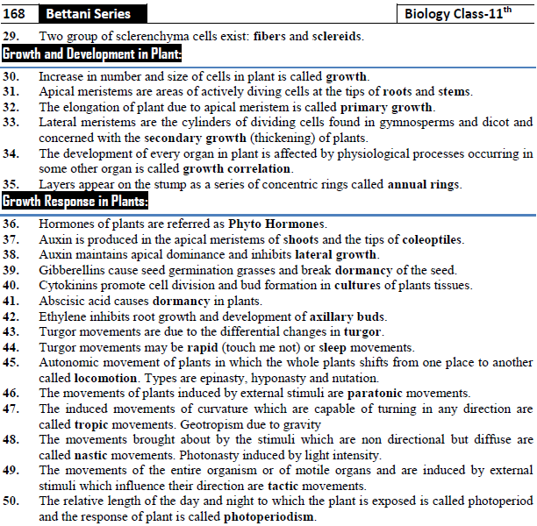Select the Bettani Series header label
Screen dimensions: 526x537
coord(88,13)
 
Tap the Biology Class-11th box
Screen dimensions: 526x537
coord(465,13)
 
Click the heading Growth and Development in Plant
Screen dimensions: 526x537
coord(92,54)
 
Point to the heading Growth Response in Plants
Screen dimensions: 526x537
coord(75,202)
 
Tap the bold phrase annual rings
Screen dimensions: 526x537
coord(424,184)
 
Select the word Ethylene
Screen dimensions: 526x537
coord(63,316)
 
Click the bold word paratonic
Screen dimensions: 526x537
coord(383,393)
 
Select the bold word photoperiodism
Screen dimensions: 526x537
coord(268,517)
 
